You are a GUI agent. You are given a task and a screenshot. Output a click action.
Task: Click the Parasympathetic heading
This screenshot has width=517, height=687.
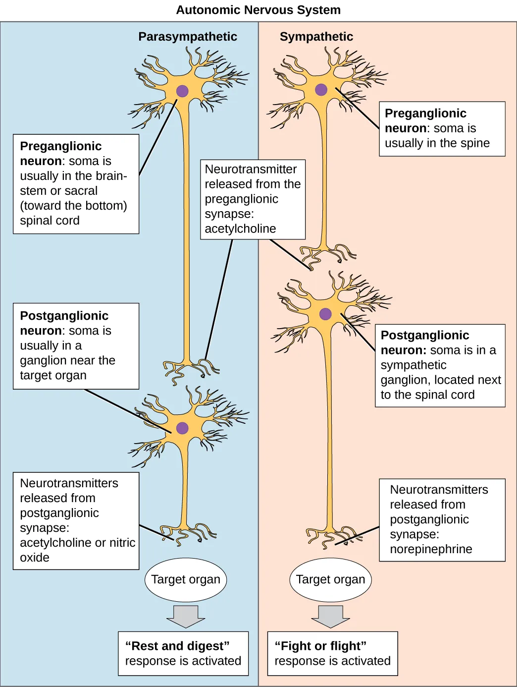click(188, 37)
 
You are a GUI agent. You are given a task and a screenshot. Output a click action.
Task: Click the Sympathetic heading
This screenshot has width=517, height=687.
click(316, 37)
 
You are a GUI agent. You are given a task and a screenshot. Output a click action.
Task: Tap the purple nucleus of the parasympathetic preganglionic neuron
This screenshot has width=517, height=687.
click(182, 91)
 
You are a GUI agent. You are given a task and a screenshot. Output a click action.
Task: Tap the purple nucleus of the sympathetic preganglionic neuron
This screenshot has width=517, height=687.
click(321, 90)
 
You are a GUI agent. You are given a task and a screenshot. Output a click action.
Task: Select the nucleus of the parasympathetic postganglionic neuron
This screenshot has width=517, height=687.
click(182, 428)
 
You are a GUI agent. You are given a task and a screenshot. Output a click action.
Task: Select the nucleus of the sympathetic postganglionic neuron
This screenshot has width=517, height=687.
click(325, 314)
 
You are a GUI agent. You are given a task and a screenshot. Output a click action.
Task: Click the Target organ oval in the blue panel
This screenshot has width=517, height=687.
click(186, 579)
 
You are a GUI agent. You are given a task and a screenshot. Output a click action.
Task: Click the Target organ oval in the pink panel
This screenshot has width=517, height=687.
click(330, 579)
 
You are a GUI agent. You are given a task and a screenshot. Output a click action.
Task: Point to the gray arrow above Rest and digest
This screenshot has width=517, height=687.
click(186, 616)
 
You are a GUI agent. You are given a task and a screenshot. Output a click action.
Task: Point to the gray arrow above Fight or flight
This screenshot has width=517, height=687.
click(330, 616)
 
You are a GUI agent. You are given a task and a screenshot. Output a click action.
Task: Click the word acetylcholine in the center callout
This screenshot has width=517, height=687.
click(240, 229)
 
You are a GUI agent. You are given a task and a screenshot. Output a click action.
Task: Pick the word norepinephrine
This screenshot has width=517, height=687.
click(431, 549)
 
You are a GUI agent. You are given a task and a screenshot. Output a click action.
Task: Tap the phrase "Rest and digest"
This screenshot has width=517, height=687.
click(177, 646)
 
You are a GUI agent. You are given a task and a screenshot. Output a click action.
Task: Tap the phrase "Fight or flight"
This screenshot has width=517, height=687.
click(320, 646)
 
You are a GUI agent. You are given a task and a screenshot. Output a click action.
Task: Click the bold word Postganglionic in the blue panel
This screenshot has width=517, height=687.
click(64, 316)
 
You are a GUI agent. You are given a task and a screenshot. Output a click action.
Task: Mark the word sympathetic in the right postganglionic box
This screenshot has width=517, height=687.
click(414, 365)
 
